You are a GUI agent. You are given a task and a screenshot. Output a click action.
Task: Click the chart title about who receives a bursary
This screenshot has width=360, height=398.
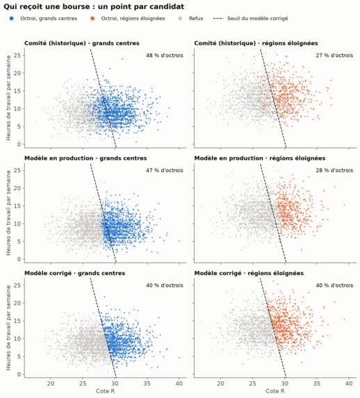pyautogui.click(x=94, y=7)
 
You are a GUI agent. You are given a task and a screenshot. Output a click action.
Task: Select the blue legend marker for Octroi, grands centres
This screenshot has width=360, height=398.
pyautogui.click(x=11, y=19)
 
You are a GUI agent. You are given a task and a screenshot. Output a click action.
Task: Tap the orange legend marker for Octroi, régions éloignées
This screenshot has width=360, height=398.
pyautogui.click(x=92, y=19)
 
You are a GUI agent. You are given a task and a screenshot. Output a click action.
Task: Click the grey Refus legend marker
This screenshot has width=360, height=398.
pyautogui.click(x=180, y=19)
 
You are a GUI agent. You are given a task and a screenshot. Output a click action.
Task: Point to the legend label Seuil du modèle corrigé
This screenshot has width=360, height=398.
pyautogui.click(x=258, y=19)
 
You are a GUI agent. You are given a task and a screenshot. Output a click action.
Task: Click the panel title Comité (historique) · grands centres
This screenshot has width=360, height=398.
pyautogui.click(x=82, y=43)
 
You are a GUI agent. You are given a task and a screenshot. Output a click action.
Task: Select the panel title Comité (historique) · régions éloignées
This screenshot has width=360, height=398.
pyautogui.click(x=256, y=43)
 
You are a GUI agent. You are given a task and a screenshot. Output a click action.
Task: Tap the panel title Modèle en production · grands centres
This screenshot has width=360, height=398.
pyautogui.click(x=85, y=158)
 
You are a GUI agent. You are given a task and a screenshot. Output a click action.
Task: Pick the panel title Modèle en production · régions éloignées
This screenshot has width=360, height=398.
pyautogui.click(x=260, y=158)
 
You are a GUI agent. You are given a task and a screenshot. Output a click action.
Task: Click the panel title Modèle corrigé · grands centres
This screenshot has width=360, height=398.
pyautogui.click(x=74, y=273)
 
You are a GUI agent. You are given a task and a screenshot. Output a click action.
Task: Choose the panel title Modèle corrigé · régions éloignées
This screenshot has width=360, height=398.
pyautogui.click(x=249, y=273)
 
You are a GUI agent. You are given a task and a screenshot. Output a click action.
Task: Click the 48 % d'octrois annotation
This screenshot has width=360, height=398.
pyautogui.click(x=165, y=56)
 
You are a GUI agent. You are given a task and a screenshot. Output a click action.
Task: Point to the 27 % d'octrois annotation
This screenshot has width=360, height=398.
pyautogui.click(x=334, y=56)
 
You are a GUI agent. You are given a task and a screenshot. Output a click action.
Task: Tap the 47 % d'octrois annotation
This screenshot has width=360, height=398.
pyautogui.click(x=165, y=170)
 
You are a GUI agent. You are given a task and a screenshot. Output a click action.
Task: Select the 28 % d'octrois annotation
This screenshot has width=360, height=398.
pyautogui.click(x=334, y=170)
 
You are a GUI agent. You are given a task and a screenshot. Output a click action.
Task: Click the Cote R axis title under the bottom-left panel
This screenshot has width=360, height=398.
pyautogui.click(x=105, y=391)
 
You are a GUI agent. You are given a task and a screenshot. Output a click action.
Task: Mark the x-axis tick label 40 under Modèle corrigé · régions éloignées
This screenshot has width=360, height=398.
pyautogui.click(x=349, y=383)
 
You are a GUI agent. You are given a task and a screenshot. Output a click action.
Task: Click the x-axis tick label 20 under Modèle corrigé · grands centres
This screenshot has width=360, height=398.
pyautogui.click(x=51, y=383)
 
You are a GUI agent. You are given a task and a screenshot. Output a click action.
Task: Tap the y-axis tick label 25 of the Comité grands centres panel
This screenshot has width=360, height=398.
pyautogui.click(x=17, y=56)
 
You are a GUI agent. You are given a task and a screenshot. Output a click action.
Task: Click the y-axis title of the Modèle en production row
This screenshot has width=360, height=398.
pyautogui.click(x=8, y=213)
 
